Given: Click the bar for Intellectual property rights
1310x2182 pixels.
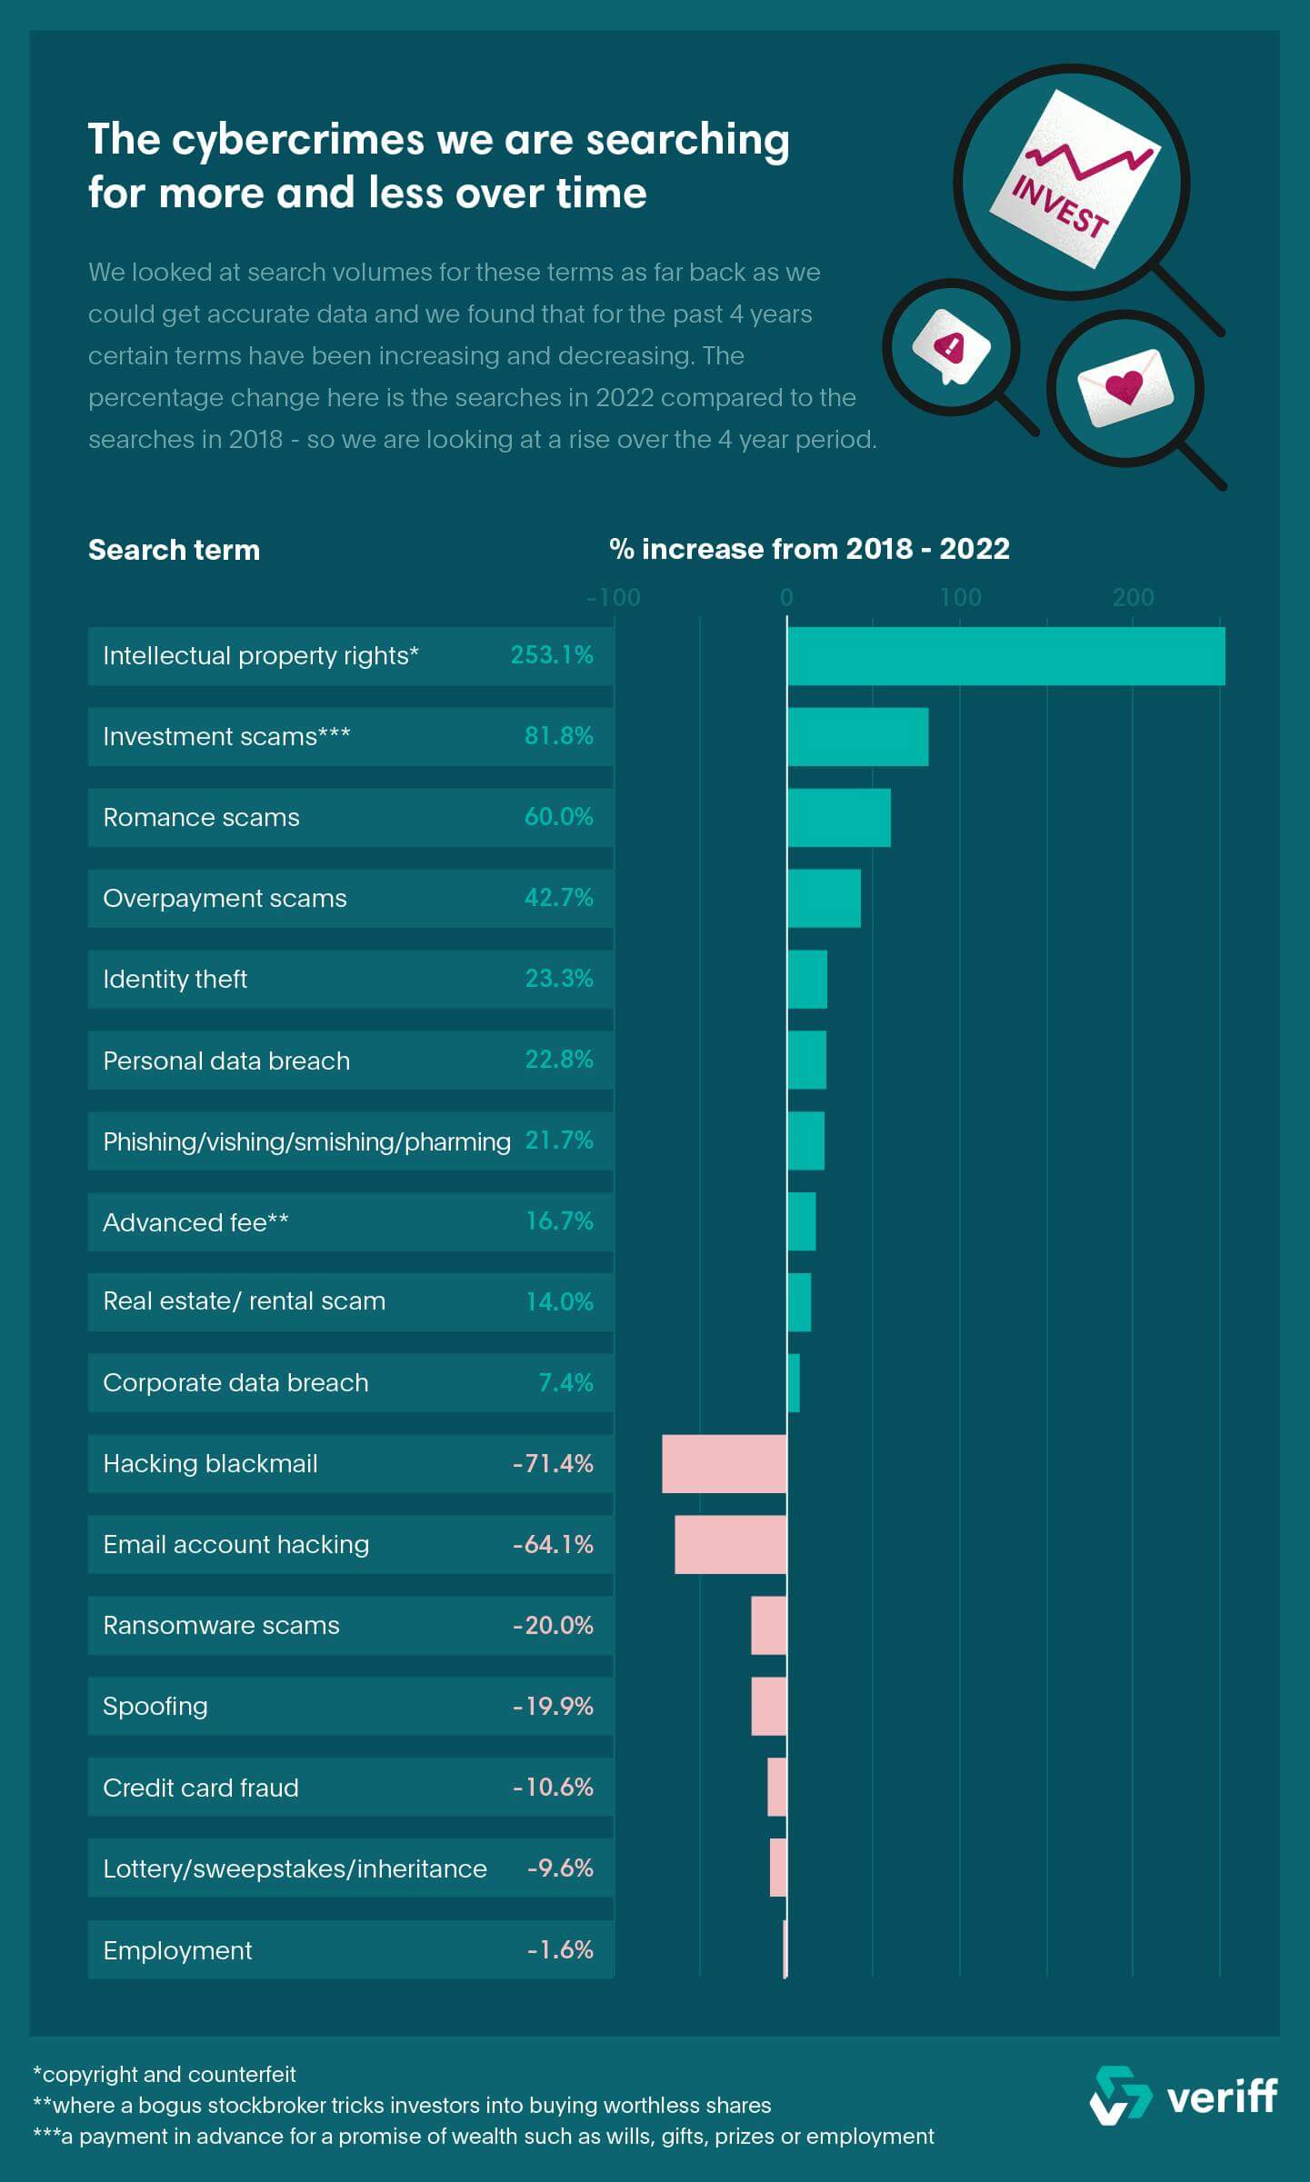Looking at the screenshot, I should pyautogui.click(x=1005, y=655).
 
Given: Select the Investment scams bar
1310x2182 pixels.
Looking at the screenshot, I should pyautogui.click(x=857, y=736).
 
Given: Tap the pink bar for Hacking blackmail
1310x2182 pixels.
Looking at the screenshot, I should pyautogui.click(x=725, y=1463).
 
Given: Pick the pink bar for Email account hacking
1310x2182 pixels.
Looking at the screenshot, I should pyautogui.click(x=730, y=1544).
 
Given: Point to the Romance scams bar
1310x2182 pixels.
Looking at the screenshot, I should pyautogui.click(x=838, y=817).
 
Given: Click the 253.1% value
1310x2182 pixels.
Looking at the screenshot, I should pyautogui.click(x=552, y=655).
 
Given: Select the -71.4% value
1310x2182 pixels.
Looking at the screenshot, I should pyautogui.click(x=553, y=1463).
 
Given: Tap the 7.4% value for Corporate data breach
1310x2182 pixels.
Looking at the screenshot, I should pyautogui.click(x=565, y=1382).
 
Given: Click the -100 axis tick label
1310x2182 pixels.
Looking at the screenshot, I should pyautogui.click(x=614, y=597).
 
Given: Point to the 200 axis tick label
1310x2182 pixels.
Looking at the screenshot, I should pyautogui.click(x=1133, y=597).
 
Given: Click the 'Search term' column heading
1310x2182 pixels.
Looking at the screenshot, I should pyautogui.click(x=174, y=550).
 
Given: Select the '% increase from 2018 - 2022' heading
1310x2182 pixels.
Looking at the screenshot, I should pyautogui.click(x=809, y=549).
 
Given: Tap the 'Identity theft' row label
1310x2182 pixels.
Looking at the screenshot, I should pyautogui.click(x=175, y=979).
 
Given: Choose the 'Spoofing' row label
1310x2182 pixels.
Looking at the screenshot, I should pyautogui.click(x=155, y=1706).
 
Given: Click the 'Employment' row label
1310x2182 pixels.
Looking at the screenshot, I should pyautogui.click(x=177, y=1950).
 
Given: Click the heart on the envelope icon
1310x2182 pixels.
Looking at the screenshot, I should pyautogui.click(x=1124, y=387).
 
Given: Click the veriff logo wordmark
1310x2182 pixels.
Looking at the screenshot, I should pyautogui.click(x=1221, y=2097).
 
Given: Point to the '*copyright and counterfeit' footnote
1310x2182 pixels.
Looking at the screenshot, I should pyautogui.click(x=165, y=2074).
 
